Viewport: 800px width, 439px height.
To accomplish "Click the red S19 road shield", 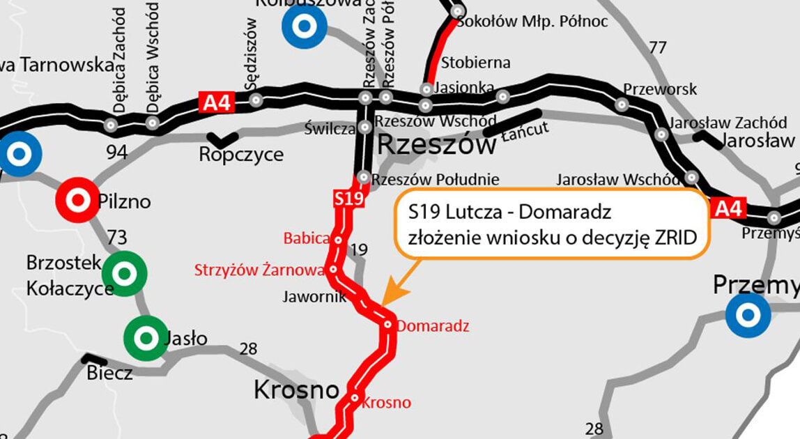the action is point(348,199).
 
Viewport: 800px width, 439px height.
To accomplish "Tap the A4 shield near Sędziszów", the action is point(216,103).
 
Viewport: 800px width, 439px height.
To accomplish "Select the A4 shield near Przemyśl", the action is point(729,208).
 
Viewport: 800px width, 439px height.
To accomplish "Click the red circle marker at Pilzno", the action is point(77,201).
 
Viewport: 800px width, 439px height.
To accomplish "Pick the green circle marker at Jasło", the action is point(146,339).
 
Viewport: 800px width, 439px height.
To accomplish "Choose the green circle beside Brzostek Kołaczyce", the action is point(124,274).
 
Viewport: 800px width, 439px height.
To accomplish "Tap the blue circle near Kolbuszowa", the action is point(304,26).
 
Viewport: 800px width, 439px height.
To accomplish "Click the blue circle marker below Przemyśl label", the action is point(748,316).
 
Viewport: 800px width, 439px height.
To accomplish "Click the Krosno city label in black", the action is point(296,390).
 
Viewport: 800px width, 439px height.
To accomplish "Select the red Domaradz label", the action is point(433,325).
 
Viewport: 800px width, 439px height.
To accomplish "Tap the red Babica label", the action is point(306,239).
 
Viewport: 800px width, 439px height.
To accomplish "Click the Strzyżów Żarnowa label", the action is point(259,270).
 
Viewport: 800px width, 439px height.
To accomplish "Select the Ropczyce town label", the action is point(241,154).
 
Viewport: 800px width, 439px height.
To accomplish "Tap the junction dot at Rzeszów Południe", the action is point(362,176).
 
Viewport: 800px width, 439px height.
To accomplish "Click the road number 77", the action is point(657,47).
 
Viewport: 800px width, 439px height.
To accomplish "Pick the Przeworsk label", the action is point(660,90).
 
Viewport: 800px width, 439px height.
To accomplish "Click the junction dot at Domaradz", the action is point(388,324).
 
